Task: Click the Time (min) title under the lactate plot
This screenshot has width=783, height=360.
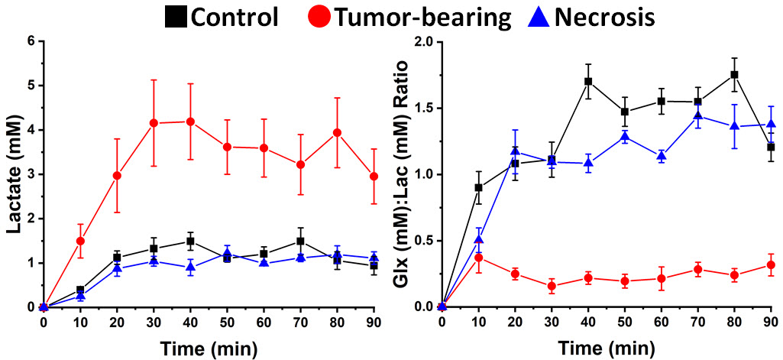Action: [209, 349]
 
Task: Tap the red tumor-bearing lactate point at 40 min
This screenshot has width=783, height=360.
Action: [190, 122]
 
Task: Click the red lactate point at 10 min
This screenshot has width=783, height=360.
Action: [80, 241]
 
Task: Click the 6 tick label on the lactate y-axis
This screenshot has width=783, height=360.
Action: [31, 41]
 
